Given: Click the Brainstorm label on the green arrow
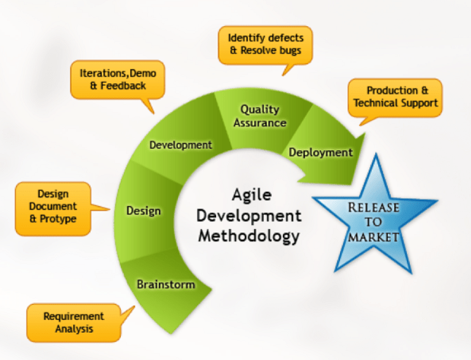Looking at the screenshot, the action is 166,284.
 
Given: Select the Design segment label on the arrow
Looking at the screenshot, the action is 144,211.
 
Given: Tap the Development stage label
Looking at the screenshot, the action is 181,145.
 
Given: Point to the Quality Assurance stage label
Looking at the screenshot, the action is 260,116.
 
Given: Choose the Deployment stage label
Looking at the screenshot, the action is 321,153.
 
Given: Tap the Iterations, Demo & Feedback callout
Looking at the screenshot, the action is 118,80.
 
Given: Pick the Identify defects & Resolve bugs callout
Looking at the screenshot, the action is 265,45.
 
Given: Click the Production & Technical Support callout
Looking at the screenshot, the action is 395,98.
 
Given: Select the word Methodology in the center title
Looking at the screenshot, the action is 249,237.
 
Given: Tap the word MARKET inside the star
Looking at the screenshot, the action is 373,237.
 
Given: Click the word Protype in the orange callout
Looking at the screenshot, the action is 58,219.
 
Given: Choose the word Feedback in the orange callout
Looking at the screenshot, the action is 123,86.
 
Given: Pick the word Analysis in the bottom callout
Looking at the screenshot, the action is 74,329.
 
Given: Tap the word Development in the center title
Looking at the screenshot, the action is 249,216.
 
